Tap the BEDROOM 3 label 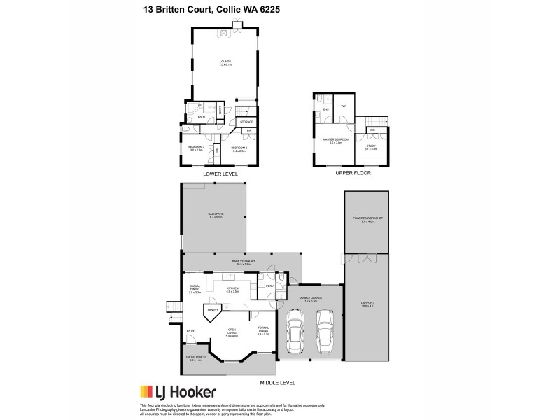tap(195, 147)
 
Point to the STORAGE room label tap(246, 122)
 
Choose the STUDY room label tap(371, 147)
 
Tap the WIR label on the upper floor tap(344, 106)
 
